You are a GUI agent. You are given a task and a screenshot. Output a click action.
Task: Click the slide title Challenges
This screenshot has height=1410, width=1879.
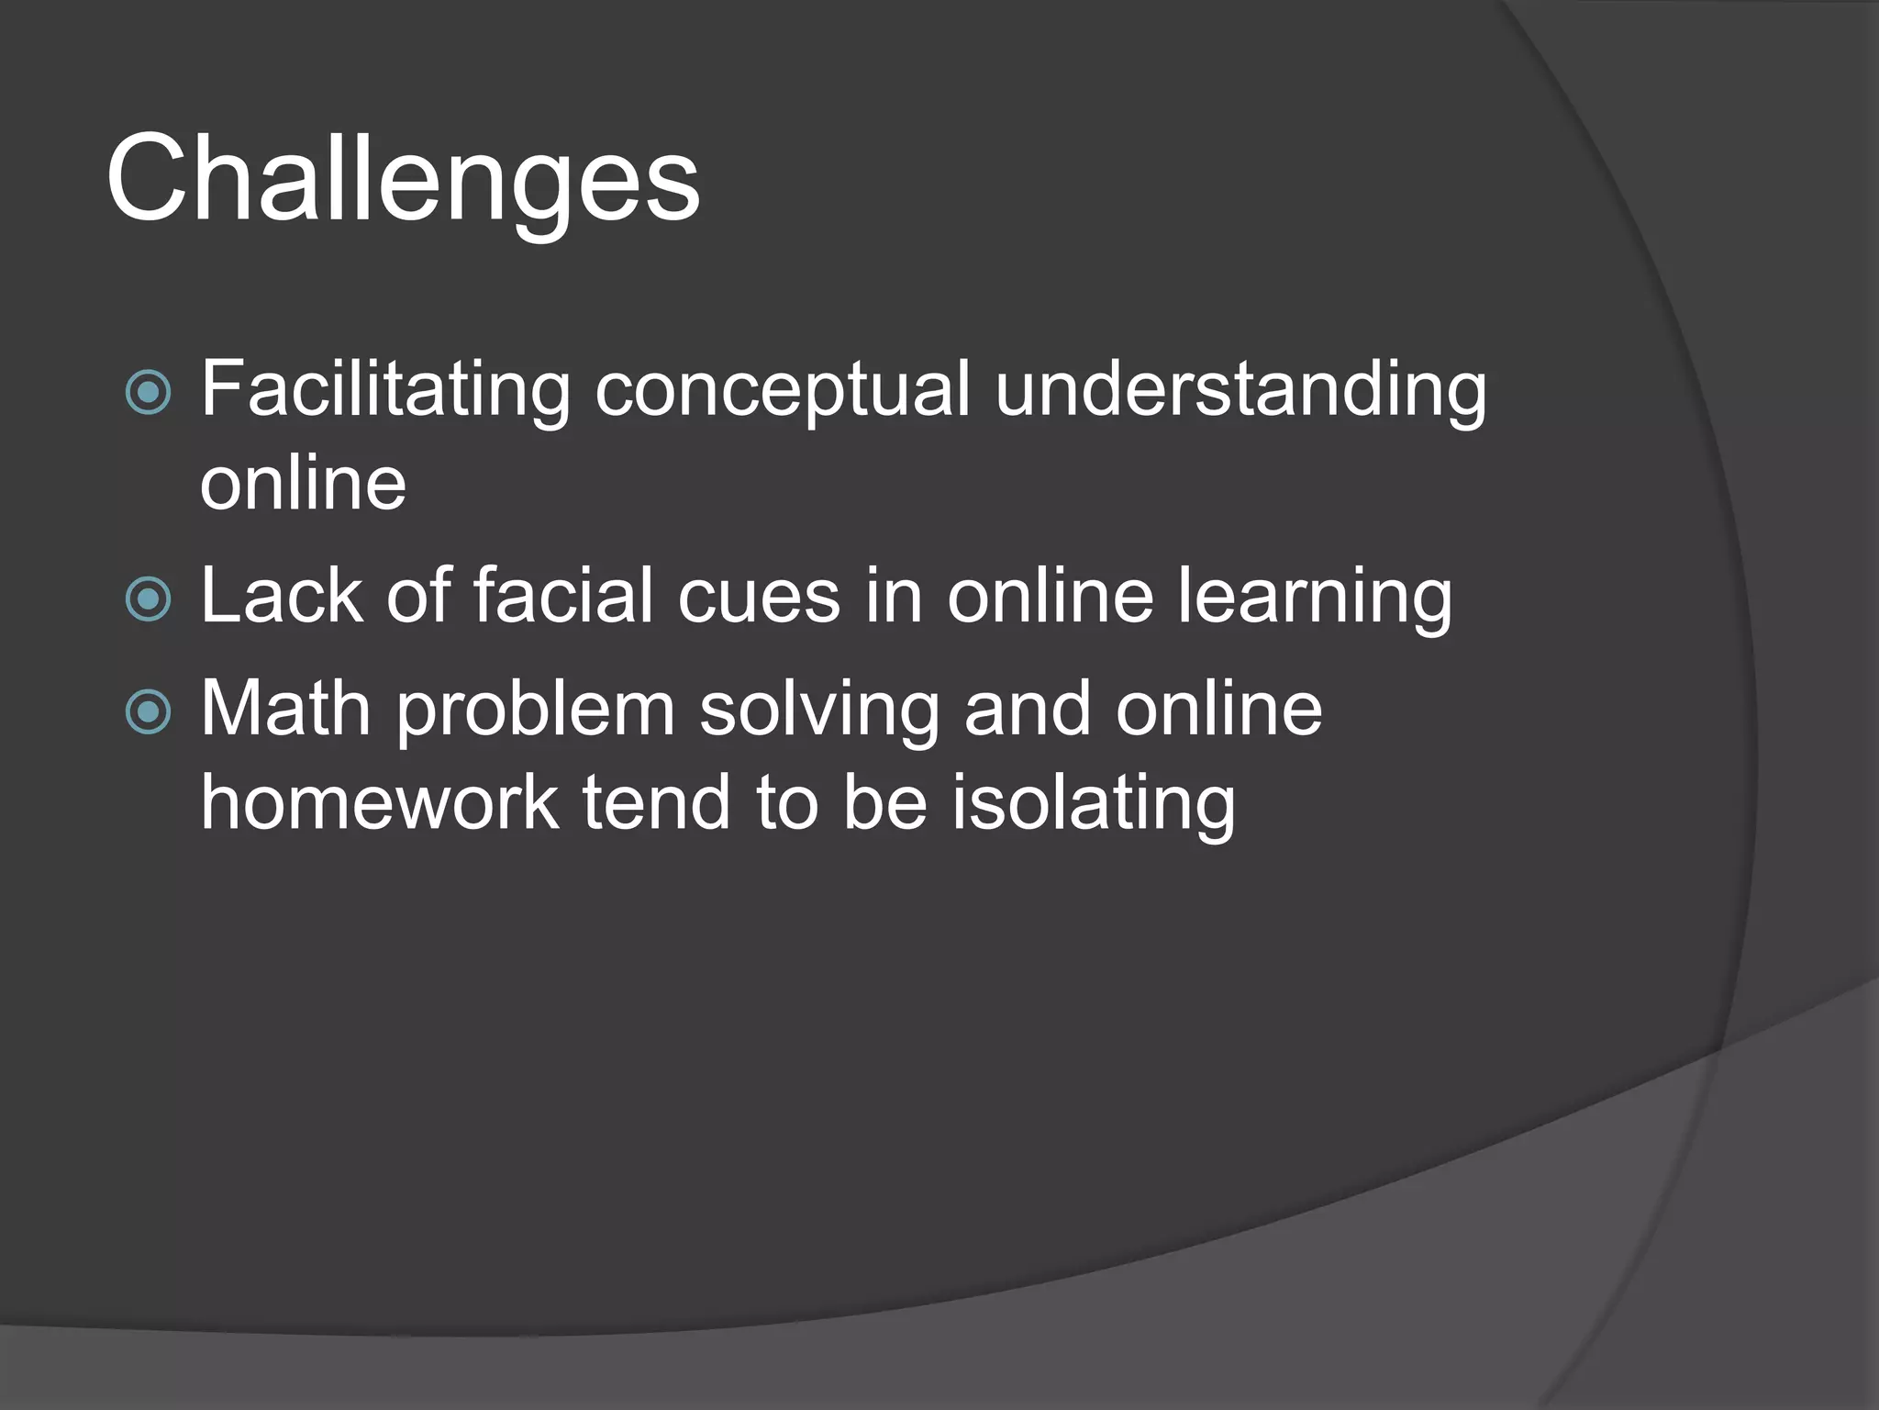pyautogui.click(x=403, y=179)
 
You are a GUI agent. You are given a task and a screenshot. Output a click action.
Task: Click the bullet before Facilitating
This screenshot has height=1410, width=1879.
pyautogui.click(x=148, y=393)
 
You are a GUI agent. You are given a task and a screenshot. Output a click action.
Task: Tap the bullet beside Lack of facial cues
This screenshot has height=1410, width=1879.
pyautogui.click(x=148, y=599)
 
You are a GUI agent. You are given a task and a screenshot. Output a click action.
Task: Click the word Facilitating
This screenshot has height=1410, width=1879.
pyautogui.click(x=385, y=391)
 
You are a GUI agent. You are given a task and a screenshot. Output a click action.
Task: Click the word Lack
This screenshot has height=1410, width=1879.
pyautogui.click(x=281, y=597)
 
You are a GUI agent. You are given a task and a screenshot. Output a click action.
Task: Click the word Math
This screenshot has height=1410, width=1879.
pyautogui.click(x=284, y=710)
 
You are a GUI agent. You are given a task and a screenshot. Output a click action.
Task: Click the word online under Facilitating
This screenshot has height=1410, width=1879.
pyautogui.click(x=303, y=485)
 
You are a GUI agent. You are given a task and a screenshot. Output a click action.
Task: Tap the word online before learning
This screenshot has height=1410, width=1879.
pyautogui.click(x=1050, y=597)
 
